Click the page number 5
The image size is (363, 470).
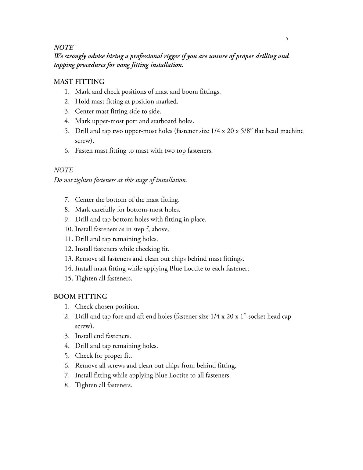[287, 39]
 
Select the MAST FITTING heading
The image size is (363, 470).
[79, 82]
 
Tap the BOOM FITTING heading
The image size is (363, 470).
[80, 297]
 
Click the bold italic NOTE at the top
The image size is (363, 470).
[63, 48]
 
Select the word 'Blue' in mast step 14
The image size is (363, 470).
[176, 269]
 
